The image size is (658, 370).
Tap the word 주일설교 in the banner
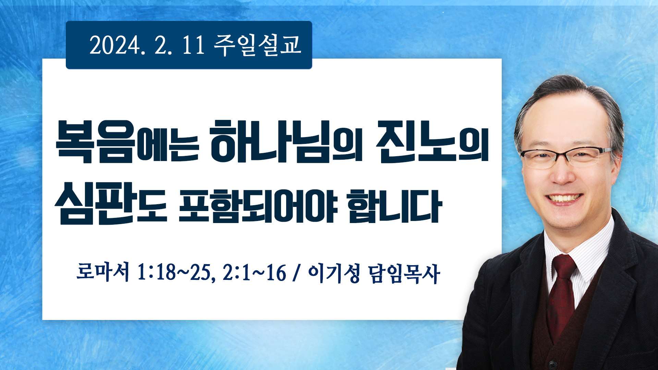pyautogui.click(x=257, y=45)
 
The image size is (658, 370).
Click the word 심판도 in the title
pyautogui.click(x=111, y=203)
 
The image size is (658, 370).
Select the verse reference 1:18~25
pyautogui.click(x=176, y=273)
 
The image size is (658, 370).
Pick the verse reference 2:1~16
pyautogui.click(x=254, y=273)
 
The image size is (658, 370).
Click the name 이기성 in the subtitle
pyautogui.click(x=334, y=273)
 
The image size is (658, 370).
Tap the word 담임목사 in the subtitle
pyautogui.click(x=404, y=274)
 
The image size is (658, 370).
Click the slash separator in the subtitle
pyautogui.click(x=297, y=273)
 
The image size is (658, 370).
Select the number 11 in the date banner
pyautogui.click(x=193, y=45)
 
